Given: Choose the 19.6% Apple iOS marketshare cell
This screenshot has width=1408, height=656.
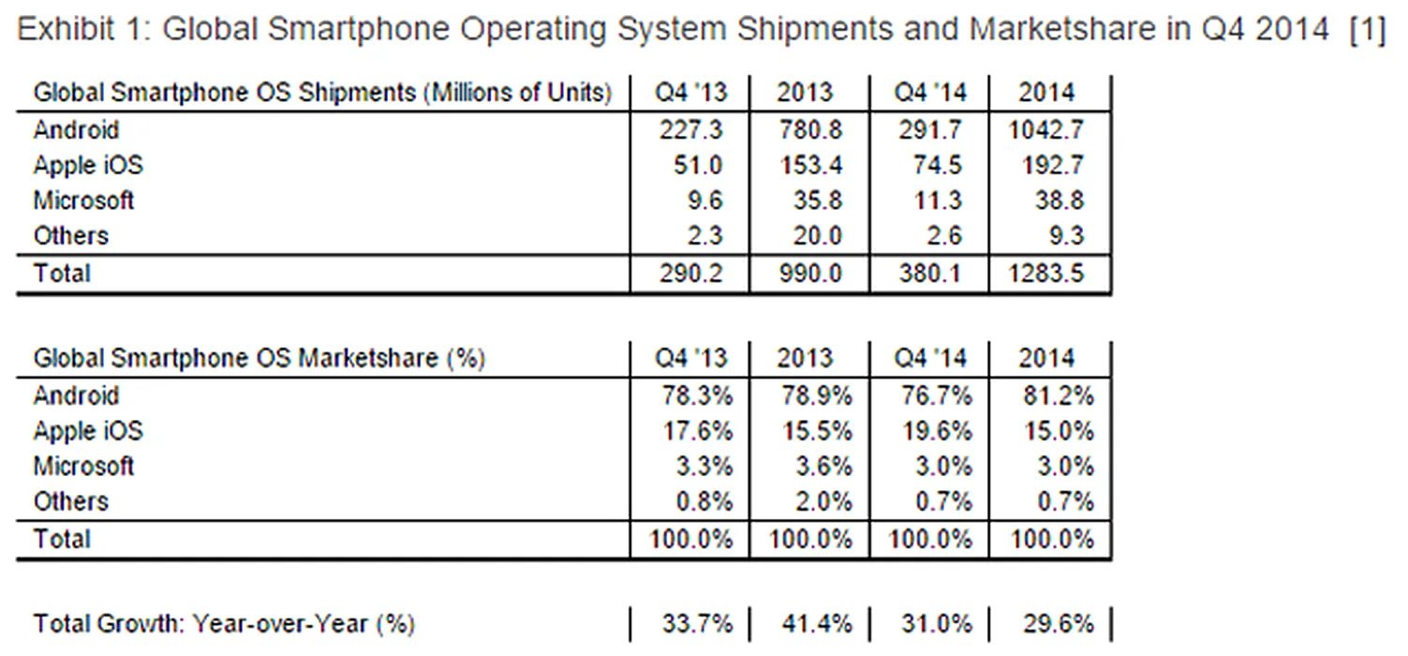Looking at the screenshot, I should coord(933,431).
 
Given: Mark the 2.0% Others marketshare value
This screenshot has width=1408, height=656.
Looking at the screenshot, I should coord(822,502).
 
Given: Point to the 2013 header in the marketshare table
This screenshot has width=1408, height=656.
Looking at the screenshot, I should coord(805,358).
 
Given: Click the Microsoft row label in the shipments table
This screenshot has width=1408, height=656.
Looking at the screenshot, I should coord(83,201).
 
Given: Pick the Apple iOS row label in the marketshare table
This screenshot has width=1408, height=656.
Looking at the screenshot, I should coord(88,431).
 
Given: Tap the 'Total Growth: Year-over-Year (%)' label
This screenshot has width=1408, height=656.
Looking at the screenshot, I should coord(224,623).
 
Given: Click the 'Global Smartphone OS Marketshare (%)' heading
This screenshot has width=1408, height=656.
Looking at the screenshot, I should coord(259,358).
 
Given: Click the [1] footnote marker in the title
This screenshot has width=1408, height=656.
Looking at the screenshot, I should coord(1367,30).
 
